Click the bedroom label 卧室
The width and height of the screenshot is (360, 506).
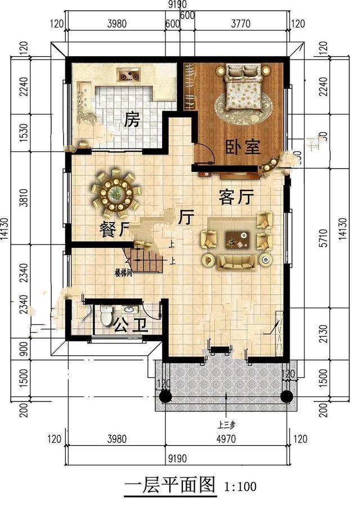point(242,147)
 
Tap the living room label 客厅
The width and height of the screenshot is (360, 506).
point(236,197)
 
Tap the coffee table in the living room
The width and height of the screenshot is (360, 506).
point(237,240)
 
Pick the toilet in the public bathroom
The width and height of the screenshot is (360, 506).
point(106,317)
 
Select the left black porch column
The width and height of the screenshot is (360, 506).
point(165,396)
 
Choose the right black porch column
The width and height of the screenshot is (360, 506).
point(286,396)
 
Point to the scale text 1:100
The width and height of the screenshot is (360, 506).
point(240,485)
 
